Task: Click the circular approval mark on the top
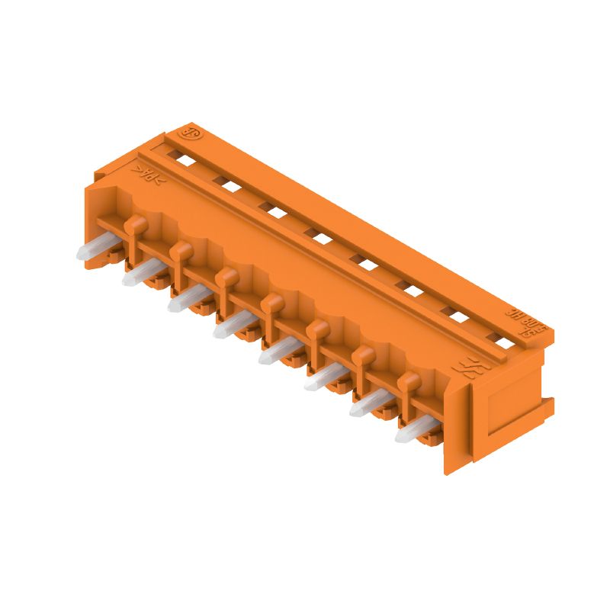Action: [x=188, y=133]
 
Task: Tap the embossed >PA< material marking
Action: [x=148, y=175]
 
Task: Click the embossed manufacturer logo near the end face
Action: [x=463, y=371]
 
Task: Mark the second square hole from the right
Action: [x=458, y=317]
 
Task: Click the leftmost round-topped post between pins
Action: [x=135, y=223]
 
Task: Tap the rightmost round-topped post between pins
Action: [x=409, y=381]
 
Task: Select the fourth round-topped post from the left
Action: [x=271, y=304]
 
